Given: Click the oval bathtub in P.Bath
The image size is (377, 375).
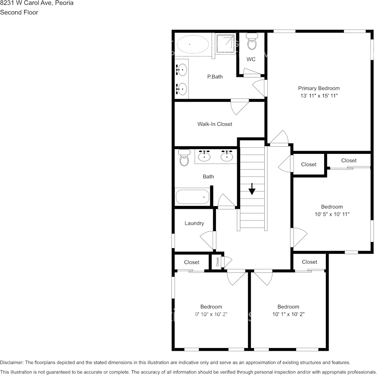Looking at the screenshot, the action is click(192, 44).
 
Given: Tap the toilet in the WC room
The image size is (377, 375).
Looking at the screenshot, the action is click(252, 42).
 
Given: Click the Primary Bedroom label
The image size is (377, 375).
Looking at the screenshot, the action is click(319, 88).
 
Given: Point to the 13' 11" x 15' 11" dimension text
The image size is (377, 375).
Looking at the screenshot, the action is click(319, 96).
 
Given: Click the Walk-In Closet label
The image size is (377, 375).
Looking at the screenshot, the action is click(215, 124).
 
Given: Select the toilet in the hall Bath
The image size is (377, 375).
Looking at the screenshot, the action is click(184, 158).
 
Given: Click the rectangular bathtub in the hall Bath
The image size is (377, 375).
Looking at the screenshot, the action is click(192, 197).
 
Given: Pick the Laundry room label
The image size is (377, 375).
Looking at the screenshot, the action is click(194, 223).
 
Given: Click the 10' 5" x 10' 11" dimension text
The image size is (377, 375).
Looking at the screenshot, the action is click(332, 214).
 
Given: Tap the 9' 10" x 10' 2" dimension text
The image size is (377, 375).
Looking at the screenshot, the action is click(211, 314).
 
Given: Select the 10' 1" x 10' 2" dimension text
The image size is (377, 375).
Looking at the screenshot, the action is click(288, 314).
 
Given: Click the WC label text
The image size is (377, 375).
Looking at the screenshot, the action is click(251, 59).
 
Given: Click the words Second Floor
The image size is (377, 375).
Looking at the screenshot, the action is click(19, 12).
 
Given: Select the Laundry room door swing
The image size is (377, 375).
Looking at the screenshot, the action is click(207, 240).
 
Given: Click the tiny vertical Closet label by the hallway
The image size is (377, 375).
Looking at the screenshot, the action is click(217, 262).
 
